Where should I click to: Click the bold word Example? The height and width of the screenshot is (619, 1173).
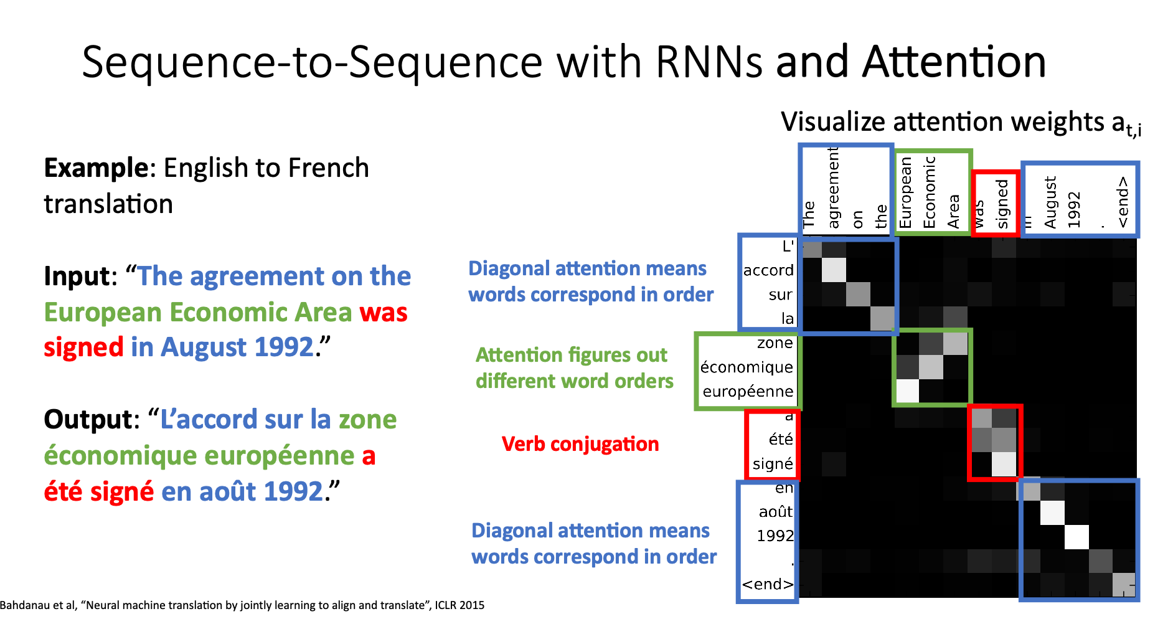click(97, 168)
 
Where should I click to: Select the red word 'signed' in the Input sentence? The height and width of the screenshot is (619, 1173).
click(83, 347)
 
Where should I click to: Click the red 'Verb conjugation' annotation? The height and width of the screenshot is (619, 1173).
click(580, 444)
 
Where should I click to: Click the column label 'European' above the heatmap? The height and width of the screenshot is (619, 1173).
click(905, 193)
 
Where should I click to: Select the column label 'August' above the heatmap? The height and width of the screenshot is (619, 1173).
click(1050, 202)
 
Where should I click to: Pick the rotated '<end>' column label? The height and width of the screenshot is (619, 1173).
click(1122, 202)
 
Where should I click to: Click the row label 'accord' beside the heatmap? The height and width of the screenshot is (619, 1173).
click(768, 270)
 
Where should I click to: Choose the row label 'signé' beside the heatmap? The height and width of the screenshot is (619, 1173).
click(773, 464)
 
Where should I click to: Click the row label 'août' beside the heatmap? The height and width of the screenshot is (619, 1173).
click(775, 512)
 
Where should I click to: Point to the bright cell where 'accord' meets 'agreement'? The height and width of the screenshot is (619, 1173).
click(834, 270)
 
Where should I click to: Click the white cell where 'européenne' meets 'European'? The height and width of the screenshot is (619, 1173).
click(907, 391)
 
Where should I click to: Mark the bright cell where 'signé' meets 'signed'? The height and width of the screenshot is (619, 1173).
click(1004, 464)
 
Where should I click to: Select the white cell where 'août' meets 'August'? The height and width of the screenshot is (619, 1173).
click(1052, 513)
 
